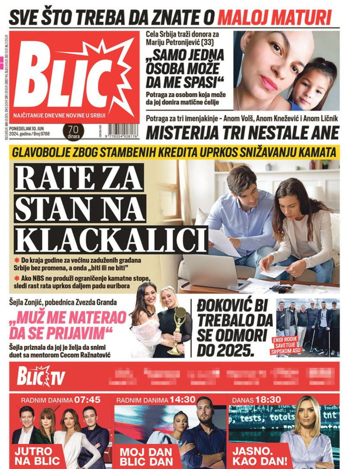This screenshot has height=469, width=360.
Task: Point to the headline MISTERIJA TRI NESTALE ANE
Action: pos(243,132)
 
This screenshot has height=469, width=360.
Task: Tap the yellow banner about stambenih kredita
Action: pos(174,152)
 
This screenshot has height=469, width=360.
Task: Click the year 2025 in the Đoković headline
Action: pos(236,350)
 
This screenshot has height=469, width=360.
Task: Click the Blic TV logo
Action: pos(40,376)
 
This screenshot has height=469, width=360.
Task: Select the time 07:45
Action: pos(87,399)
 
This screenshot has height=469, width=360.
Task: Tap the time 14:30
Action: pos(182,399)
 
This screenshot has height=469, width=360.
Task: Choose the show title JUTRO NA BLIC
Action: pos(37,455)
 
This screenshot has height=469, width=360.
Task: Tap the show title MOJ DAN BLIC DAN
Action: pos(146,455)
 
